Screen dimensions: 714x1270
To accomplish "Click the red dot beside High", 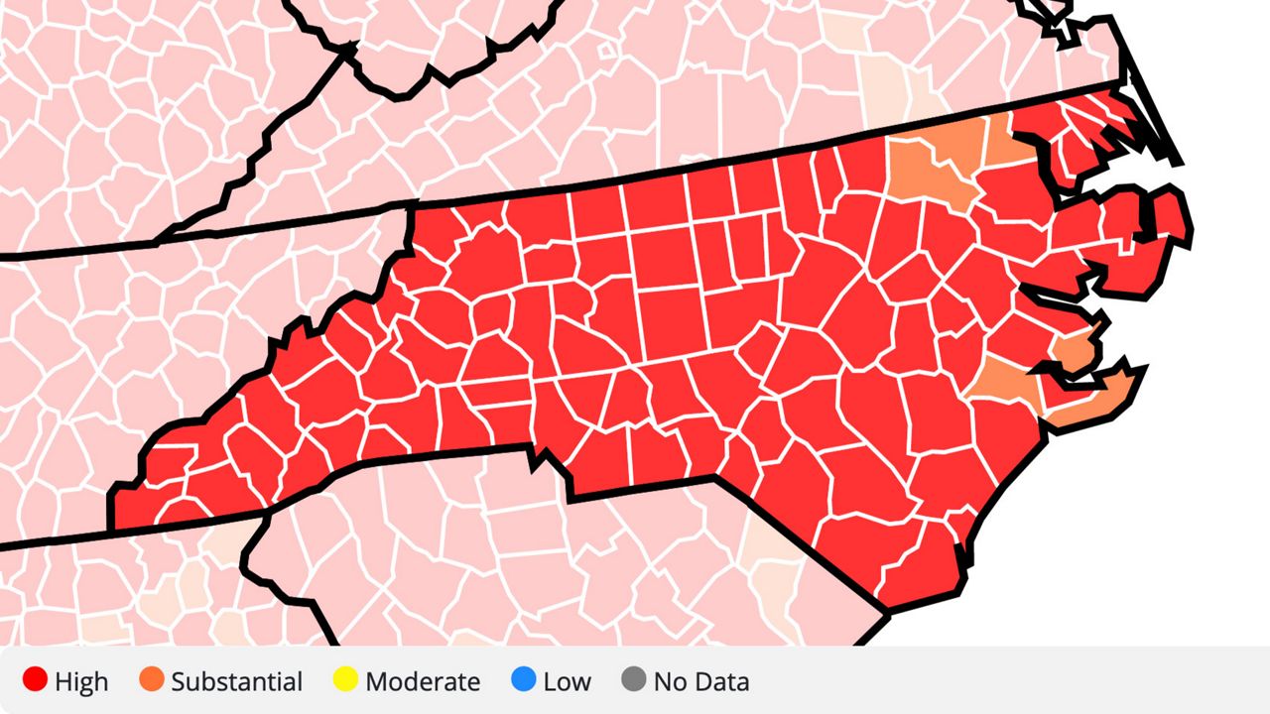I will click(x=36, y=681).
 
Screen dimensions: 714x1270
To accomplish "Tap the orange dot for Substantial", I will click(x=152, y=681).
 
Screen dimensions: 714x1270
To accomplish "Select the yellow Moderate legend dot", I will click(x=346, y=681).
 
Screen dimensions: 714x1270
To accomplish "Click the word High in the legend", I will click(x=81, y=682).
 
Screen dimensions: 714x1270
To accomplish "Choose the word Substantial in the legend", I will click(x=236, y=682).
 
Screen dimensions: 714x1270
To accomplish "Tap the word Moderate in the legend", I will click(x=423, y=682).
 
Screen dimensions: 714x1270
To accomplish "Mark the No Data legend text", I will click(x=701, y=682).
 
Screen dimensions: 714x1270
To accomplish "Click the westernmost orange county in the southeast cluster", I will click(x=1002, y=382).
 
